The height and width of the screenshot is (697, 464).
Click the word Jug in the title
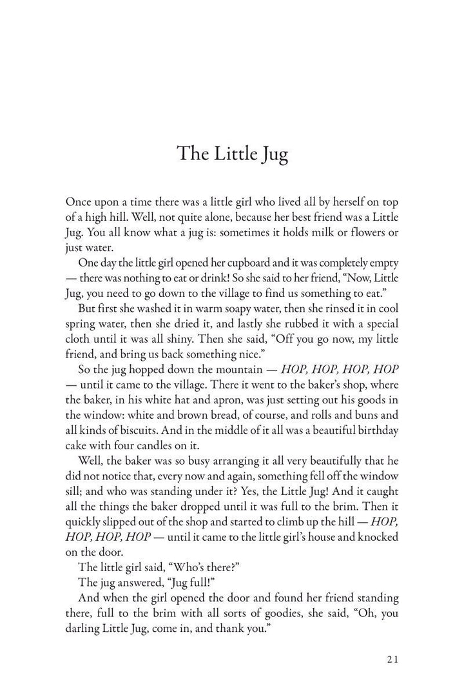tap(271, 154)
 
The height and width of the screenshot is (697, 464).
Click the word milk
tap(320, 232)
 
